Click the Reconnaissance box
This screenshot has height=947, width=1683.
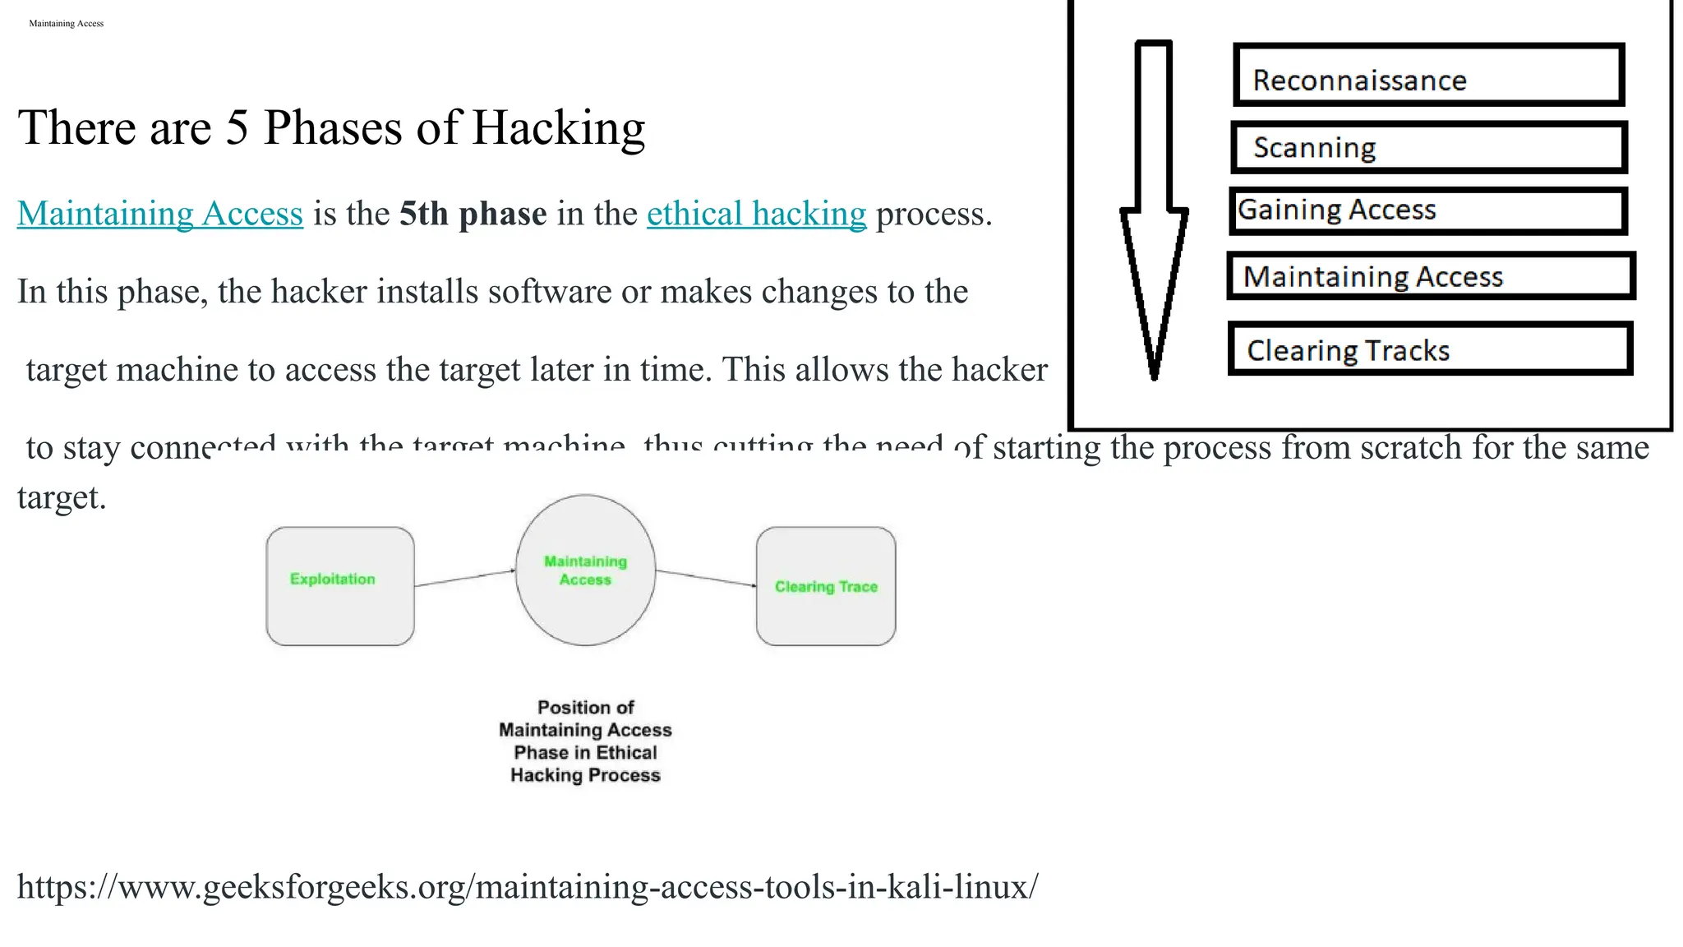point(1428,76)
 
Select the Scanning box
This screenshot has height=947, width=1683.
point(1428,148)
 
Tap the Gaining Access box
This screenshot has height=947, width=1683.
point(1428,211)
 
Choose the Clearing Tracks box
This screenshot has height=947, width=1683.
point(1430,349)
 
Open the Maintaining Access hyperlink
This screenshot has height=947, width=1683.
point(160,214)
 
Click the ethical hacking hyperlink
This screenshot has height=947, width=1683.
point(756,214)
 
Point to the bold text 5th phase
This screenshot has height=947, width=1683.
point(473,214)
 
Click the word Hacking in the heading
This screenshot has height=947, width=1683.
point(558,129)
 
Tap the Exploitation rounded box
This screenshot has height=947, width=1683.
point(339,586)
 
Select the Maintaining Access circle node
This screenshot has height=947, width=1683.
point(585,570)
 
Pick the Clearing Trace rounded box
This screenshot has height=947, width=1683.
point(826,586)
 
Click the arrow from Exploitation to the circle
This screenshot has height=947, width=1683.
point(464,578)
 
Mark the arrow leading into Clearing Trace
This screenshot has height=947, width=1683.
point(707,578)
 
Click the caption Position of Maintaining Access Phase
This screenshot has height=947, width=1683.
point(585,741)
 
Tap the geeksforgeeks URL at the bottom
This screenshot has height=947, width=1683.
point(528,887)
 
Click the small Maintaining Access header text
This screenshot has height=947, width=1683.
point(66,24)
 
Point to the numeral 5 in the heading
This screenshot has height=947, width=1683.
point(237,129)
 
